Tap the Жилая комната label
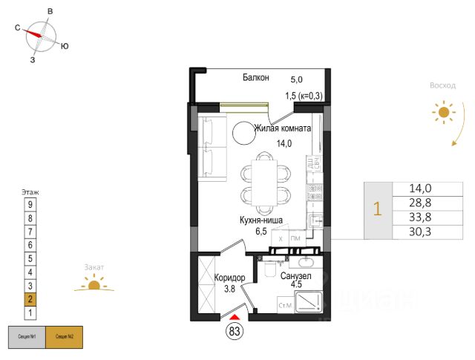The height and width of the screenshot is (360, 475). [x=282, y=128]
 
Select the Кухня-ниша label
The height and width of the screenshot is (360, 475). [x=259, y=220]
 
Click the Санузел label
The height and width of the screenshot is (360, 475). [x=296, y=276]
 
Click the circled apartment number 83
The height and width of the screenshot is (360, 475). [x=235, y=331]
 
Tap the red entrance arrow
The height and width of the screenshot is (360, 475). [x=235, y=318]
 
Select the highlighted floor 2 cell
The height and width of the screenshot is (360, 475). [x=30, y=299]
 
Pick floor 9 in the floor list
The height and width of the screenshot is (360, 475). [x=30, y=204]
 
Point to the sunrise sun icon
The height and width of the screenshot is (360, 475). [x=443, y=113]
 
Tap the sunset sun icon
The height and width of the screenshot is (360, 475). [x=94, y=284]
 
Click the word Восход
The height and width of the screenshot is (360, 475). [x=442, y=85]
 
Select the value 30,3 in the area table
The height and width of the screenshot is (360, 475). [x=420, y=232]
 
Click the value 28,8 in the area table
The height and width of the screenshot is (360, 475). [x=420, y=203]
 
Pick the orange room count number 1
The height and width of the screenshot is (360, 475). [x=377, y=211]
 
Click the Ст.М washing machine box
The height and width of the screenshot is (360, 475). [x=284, y=305]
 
